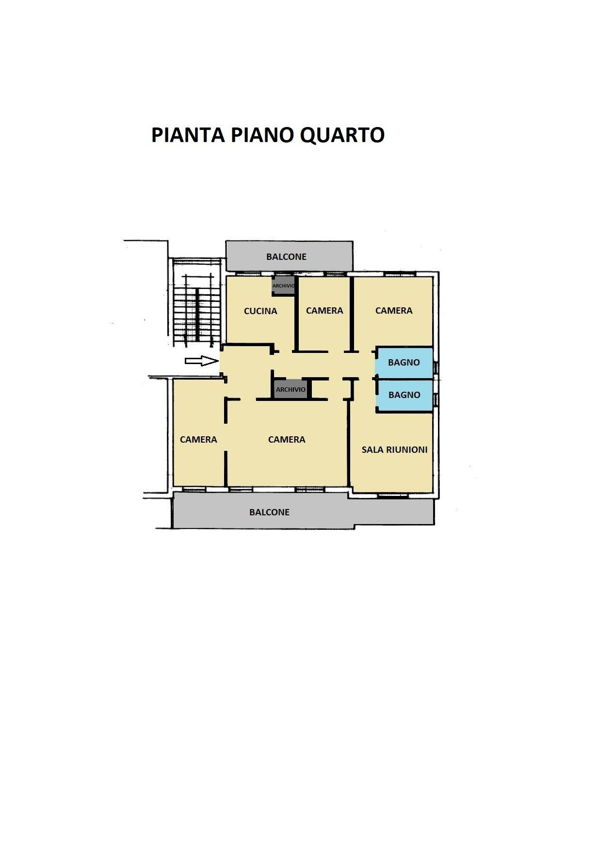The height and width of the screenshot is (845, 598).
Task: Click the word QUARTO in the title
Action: coord(342,135)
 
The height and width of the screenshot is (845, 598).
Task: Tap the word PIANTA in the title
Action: coord(188,135)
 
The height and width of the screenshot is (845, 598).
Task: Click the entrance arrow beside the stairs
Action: coord(201,361)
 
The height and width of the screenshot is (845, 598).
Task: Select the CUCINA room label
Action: coord(260,311)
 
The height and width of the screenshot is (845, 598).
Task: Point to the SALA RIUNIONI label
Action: coord(394,450)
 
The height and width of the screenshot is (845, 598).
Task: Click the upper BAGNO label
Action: coord(404,362)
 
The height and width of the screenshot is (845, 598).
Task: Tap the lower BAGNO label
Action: coord(404,395)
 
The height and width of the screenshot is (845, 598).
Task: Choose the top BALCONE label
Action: coord(286,257)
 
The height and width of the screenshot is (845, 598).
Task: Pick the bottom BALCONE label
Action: coord(269,512)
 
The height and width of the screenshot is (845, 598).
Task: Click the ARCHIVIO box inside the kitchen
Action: coord(283,286)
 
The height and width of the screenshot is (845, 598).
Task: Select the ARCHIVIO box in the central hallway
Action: coord(291,389)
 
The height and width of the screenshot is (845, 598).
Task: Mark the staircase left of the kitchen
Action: coord(196,310)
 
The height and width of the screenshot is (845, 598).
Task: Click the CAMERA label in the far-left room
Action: coord(198,440)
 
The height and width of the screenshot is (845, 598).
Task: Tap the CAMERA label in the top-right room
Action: coord(394,311)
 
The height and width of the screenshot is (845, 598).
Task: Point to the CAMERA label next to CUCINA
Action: coord(324,311)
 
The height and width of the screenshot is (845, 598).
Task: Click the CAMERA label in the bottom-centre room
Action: coord(287,440)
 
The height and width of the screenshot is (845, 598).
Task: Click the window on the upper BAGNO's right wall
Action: coord(436,367)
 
